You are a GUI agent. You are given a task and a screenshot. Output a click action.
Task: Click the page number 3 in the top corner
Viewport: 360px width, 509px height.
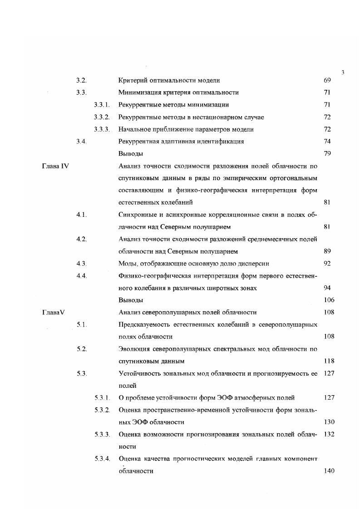click(x=343, y=72)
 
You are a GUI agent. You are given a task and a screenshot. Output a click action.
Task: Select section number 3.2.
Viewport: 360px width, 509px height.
click(x=81, y=80)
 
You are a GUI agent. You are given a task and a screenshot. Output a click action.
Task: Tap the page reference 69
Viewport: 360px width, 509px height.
click(x=327, y=80)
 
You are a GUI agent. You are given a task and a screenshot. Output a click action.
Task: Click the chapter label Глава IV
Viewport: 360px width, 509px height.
click(x=55, y=166)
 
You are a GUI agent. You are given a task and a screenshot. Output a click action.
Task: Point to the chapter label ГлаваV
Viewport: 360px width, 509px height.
click(x=54, y=312)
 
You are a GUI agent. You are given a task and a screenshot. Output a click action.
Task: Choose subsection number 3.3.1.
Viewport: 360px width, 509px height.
click(x=102, y=105)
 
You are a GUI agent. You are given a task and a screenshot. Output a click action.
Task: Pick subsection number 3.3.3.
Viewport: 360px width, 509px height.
click(x=102, y=129)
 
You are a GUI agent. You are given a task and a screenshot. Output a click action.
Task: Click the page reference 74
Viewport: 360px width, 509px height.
click(x=327, y=141)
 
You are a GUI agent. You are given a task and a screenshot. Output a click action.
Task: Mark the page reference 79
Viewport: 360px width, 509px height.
click(x=327, y=153)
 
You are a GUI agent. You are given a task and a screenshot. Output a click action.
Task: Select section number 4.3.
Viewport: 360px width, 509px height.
click(x=81, y=263)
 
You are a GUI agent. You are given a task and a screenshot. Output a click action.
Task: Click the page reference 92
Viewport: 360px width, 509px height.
click(x=327, y=263)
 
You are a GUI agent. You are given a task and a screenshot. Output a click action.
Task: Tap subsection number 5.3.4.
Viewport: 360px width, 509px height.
click(x=102, y=459)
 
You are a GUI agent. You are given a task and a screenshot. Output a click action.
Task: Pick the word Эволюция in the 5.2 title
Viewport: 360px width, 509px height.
click(x=135, y=349)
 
